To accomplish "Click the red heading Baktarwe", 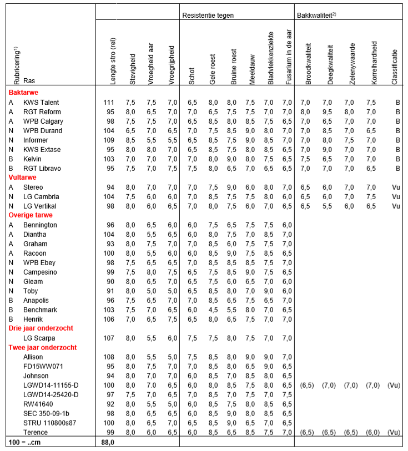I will [x=23, y=93].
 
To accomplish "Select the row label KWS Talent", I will [x=41, y=102].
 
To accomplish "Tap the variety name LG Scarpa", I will [x=39, y=337].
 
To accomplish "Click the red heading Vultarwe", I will [x=22, y=178].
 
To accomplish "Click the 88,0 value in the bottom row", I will [x=108, y=442].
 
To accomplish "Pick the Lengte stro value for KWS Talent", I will [x=108, y=102].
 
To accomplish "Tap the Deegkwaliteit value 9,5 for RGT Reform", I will [x=330, y=112].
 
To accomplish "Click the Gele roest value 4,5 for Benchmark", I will [x=213, y=309].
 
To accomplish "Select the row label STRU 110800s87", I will [x=49, y=422].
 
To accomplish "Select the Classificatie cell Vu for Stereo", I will [x=395, y=187].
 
